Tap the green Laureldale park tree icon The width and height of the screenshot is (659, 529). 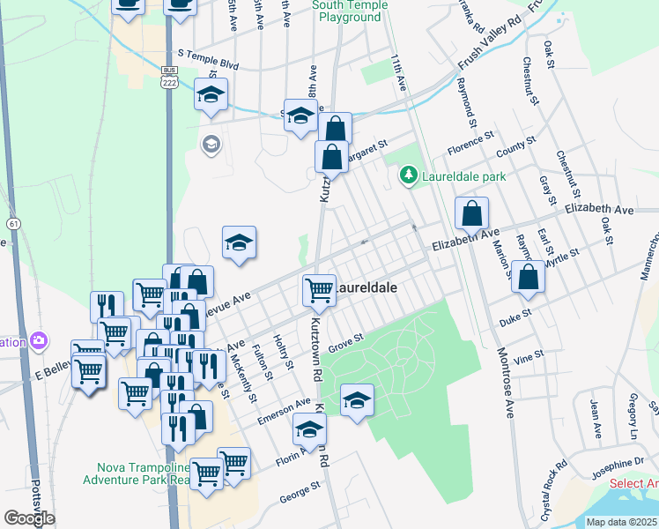[408, 177]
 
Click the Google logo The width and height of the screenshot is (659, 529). [29, 518]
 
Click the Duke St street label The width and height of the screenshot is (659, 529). [515, 311]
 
